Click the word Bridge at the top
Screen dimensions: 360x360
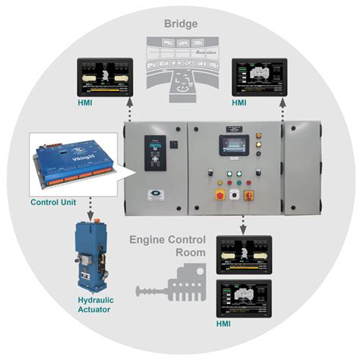[x=180, y=23]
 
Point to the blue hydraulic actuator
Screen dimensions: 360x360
[x=94, y=254]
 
